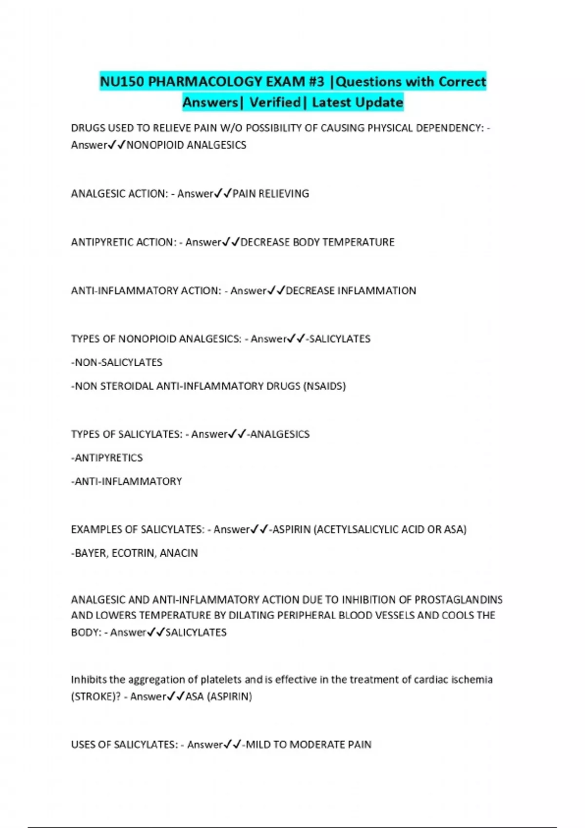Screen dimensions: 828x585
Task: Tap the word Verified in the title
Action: (275, 102)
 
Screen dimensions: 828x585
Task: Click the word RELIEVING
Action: (283, 194)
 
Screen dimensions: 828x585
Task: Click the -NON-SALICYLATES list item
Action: (117, 362)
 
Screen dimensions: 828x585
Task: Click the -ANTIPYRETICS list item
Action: (107, 458)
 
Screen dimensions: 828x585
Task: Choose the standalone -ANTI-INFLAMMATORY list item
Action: (126, 482)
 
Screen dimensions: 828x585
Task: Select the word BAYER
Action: (89, 553)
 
